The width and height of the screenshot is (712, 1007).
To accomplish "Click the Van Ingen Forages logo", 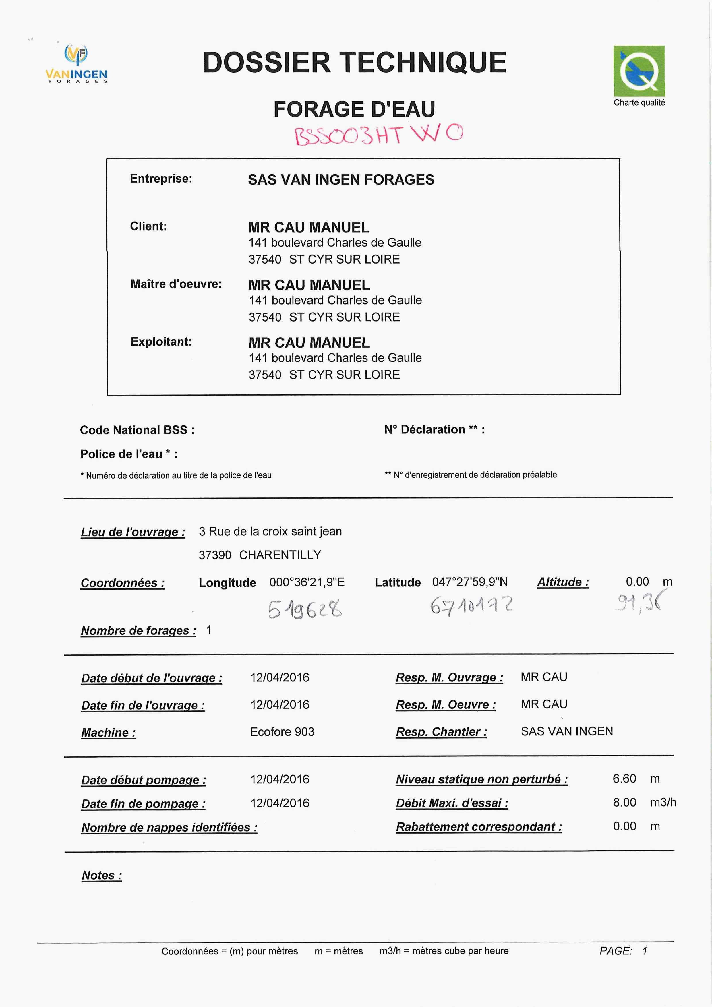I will coord(76,64).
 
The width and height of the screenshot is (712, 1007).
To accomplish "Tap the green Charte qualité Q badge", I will coord(639,71).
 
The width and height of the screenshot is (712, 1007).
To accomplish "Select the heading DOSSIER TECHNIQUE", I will coord(355,62).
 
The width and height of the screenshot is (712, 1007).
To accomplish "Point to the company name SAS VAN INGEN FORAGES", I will coord(341,180).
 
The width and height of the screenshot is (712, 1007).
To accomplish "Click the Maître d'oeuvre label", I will coord(176,284).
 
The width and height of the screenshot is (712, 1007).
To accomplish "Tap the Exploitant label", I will coord(161,342).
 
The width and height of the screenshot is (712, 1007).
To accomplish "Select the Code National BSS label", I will coord(137,430).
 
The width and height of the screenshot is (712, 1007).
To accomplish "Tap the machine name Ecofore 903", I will coord(282,731).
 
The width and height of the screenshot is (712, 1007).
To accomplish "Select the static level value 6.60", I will coord(624,779).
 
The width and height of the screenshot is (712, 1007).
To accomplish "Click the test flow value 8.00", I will coord(624,802).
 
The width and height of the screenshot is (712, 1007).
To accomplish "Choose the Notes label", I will coord(102,876).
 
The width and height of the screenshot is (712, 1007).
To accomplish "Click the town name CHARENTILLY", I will coord(280,555).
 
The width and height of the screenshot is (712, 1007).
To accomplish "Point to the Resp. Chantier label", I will coord(441,731).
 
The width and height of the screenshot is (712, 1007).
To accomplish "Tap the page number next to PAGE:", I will coord(645,951).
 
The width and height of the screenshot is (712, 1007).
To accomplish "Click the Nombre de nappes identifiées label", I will coord(169,827).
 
